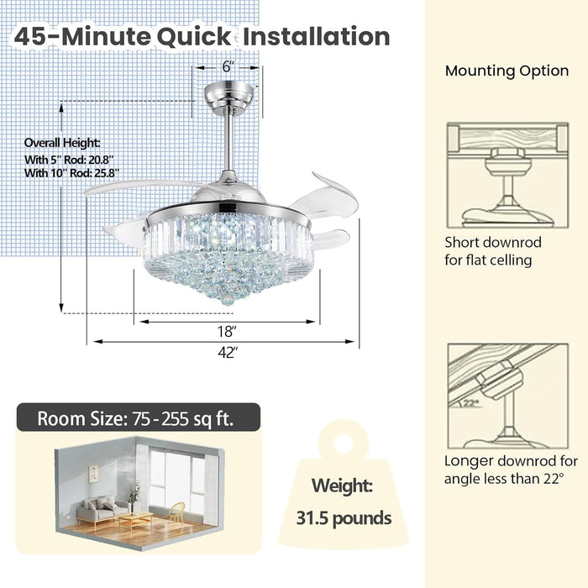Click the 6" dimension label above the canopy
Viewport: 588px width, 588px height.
(228, 66)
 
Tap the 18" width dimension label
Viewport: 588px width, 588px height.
(227, 332)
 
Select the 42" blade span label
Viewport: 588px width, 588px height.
(228, 353)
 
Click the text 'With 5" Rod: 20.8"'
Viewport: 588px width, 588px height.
(69, 160)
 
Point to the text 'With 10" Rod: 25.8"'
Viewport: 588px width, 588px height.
(72, 173)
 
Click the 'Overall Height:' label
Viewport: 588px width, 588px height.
(62, 143)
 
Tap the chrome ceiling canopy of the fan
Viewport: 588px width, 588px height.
(228, 98)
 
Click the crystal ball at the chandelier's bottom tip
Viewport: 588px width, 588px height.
(227, 298)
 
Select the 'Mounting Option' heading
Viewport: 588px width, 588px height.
(507, 71)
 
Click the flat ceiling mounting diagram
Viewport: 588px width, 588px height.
(507, 176)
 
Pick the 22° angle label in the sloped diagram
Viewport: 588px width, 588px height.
(470, 403)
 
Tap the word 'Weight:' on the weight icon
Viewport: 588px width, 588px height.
(342, 486)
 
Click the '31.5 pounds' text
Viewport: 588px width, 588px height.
(344, 518)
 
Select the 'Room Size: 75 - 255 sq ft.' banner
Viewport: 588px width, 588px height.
(139, 417)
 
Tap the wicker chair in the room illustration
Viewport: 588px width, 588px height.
(176, 512)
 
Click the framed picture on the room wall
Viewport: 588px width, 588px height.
(93, 474)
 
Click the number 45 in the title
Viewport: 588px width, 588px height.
(29, 37)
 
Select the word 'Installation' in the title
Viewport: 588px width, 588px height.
(317, 36)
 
